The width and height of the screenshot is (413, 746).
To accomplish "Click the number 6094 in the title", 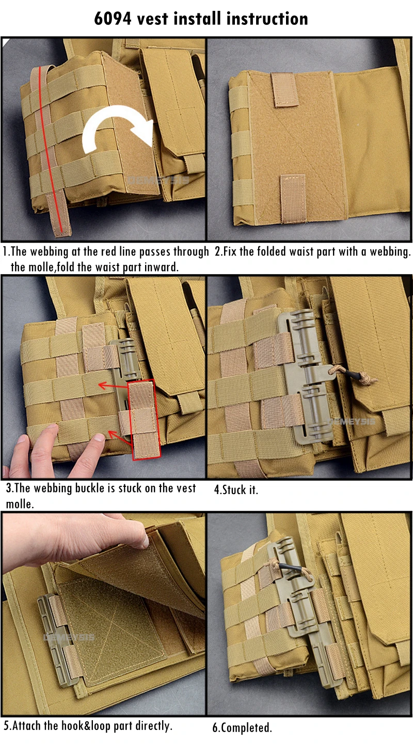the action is pyautogui.click(x=113, y=19).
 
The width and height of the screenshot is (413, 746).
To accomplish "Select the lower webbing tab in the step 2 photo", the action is pyautogui.click(x=292, y=198).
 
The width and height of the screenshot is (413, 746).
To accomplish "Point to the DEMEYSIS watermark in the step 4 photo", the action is pyautogui.click(x=352, y=422).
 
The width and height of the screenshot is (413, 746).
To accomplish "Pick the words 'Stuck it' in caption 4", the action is pyautogui.click(x=240, y=490).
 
